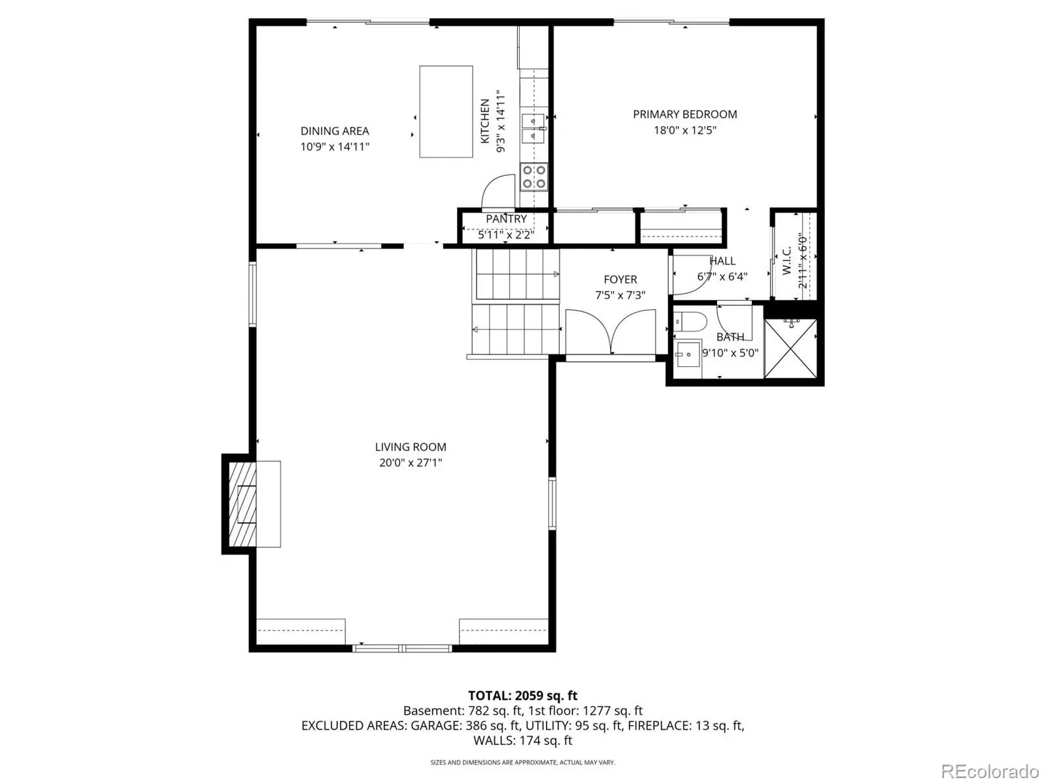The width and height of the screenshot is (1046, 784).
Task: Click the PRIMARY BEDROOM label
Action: click(684, 114)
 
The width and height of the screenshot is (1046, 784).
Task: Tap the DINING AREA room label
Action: click(335, 131)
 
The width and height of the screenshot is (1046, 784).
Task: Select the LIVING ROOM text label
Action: click(411, 447)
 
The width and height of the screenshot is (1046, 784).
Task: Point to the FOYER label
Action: click(620, 280)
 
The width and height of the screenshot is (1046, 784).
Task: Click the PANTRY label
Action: click(506, 219)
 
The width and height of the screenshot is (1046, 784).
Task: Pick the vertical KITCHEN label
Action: click(485, 121)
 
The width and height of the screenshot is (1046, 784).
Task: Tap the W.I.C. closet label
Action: click(786, 260)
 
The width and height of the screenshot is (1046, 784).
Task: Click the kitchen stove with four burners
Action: click(533, 177)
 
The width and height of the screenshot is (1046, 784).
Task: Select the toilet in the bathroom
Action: click(690, 322)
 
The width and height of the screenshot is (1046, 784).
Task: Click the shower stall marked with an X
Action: click(790, 349)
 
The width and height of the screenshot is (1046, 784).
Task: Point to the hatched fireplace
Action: click(243, 504)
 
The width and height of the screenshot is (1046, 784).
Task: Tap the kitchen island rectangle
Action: click(446, 112)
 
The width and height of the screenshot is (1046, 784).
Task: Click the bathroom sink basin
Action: click(687, 354)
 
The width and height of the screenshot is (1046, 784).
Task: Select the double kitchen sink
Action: click(533, 128)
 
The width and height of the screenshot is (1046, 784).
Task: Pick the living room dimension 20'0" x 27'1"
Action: click(411, 463)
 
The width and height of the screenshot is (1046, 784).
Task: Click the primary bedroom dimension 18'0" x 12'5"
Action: click(684, 130)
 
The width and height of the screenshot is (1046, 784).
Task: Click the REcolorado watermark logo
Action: click(990, 771)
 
